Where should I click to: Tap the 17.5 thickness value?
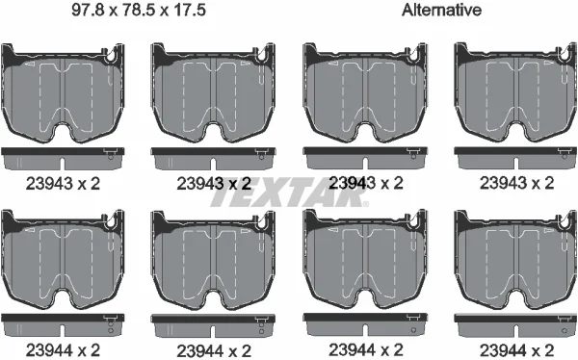click(x=190, y=10)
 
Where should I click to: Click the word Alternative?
click(x=441, y=10)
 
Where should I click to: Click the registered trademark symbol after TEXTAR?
click(x=365, y=203)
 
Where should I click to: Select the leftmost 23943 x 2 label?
click(x=63, y=184)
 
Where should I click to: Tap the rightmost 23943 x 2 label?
click(x=516, y=183)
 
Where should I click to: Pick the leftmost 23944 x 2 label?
click(x=63, y=350)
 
